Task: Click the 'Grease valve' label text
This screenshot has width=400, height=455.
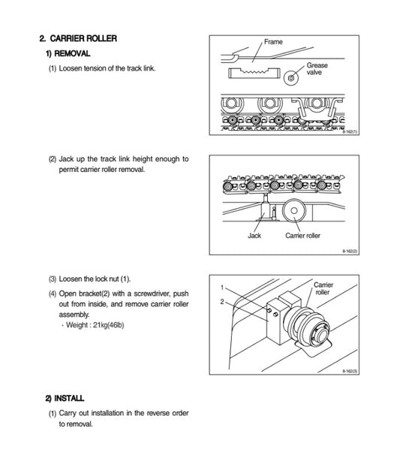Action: [x=316, y=69]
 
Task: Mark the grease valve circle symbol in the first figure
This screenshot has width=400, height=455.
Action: [x=290, y=74]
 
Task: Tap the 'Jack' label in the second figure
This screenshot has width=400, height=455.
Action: [x=254, y=235]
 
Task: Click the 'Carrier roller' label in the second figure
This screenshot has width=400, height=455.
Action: [x=302, y=235]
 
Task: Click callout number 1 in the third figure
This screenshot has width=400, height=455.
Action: [x=222, y=288]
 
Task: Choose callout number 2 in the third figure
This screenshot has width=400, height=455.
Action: [x=222, y=302]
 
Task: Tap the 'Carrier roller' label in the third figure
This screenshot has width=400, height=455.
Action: [x=323, y=290]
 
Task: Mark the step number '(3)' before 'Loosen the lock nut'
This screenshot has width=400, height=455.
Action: [x=53, y=279]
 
